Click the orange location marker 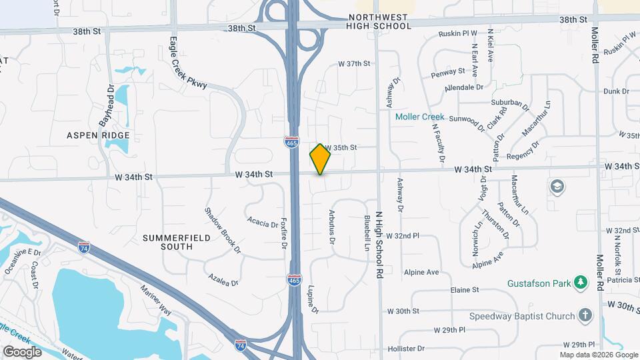[x=320, y=159]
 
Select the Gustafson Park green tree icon [x=582, y=283]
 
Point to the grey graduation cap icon [x=556, y=187]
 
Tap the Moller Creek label [x=419, y=117]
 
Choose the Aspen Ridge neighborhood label [x=98, y=135]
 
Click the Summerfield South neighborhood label [x=167, y=242]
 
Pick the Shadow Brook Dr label [x=223, y=230]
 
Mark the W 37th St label [x=353, y=64]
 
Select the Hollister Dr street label [x=402, y=349]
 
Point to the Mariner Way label [x=155, y=301]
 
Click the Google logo [x=22, y=351]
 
